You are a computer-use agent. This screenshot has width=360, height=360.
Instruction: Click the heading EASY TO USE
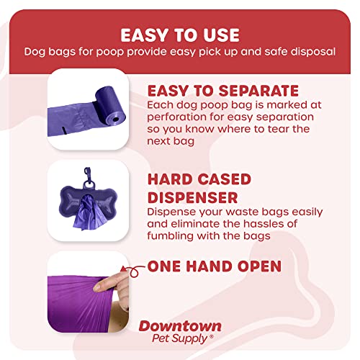pos(179,35)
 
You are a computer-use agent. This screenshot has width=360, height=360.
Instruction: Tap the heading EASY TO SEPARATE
pos(222,90)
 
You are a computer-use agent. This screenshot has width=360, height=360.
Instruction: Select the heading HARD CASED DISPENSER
pos(199,187)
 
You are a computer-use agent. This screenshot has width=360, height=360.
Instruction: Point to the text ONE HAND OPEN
pos(214,266)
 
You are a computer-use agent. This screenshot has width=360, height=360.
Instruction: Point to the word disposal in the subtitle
pos(315,53)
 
